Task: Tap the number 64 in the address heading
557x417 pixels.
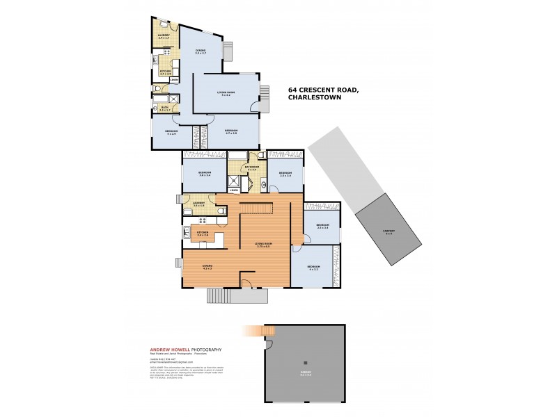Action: pos(293,90)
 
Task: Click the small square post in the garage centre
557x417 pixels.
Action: pos(304,362)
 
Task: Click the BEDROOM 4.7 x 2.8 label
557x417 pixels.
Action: pos(232,131)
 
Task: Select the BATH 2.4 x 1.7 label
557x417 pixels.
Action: pos(165,108)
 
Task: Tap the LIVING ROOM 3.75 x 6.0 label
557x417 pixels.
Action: pos(262,245)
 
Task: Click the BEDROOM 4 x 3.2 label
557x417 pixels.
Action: pos(313,268)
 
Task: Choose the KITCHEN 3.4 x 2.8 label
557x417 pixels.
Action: pos(203,234)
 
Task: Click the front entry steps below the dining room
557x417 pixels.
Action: pos(237,296)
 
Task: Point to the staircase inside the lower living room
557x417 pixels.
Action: pos(256,209)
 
